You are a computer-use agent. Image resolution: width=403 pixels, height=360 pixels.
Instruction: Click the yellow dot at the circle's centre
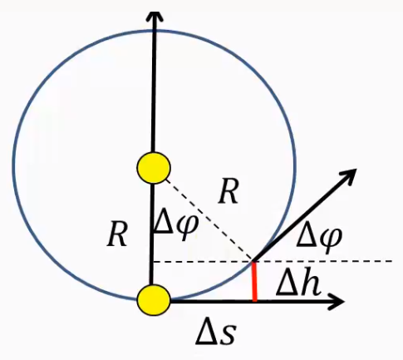154,166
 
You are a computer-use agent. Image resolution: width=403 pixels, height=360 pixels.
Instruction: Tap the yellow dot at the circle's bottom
154,298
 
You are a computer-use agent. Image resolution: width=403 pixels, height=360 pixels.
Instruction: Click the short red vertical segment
254,281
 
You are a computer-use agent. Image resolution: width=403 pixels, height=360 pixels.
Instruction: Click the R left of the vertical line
118,237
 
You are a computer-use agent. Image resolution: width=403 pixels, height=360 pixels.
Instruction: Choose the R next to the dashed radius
228,193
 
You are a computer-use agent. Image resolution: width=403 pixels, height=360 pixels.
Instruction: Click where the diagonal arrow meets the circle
253,261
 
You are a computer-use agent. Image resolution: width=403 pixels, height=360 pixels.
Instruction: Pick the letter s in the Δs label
230,335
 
